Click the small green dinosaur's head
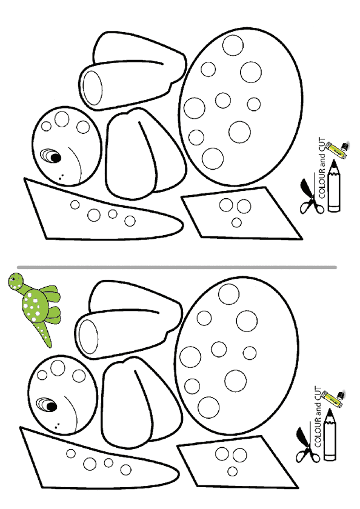[x=16, y=281]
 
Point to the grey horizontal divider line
[x=177, y=267]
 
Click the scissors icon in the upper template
[x=310, y=196]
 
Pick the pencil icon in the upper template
[x=334, y=187]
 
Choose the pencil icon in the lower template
[x=330, y=434]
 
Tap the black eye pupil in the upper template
[x=56, y=158]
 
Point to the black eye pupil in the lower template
[x=52, y=407]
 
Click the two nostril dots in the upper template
[x=61, y=177]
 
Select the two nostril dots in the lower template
[x=57, y=425]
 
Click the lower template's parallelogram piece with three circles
[x=236, y=462]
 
